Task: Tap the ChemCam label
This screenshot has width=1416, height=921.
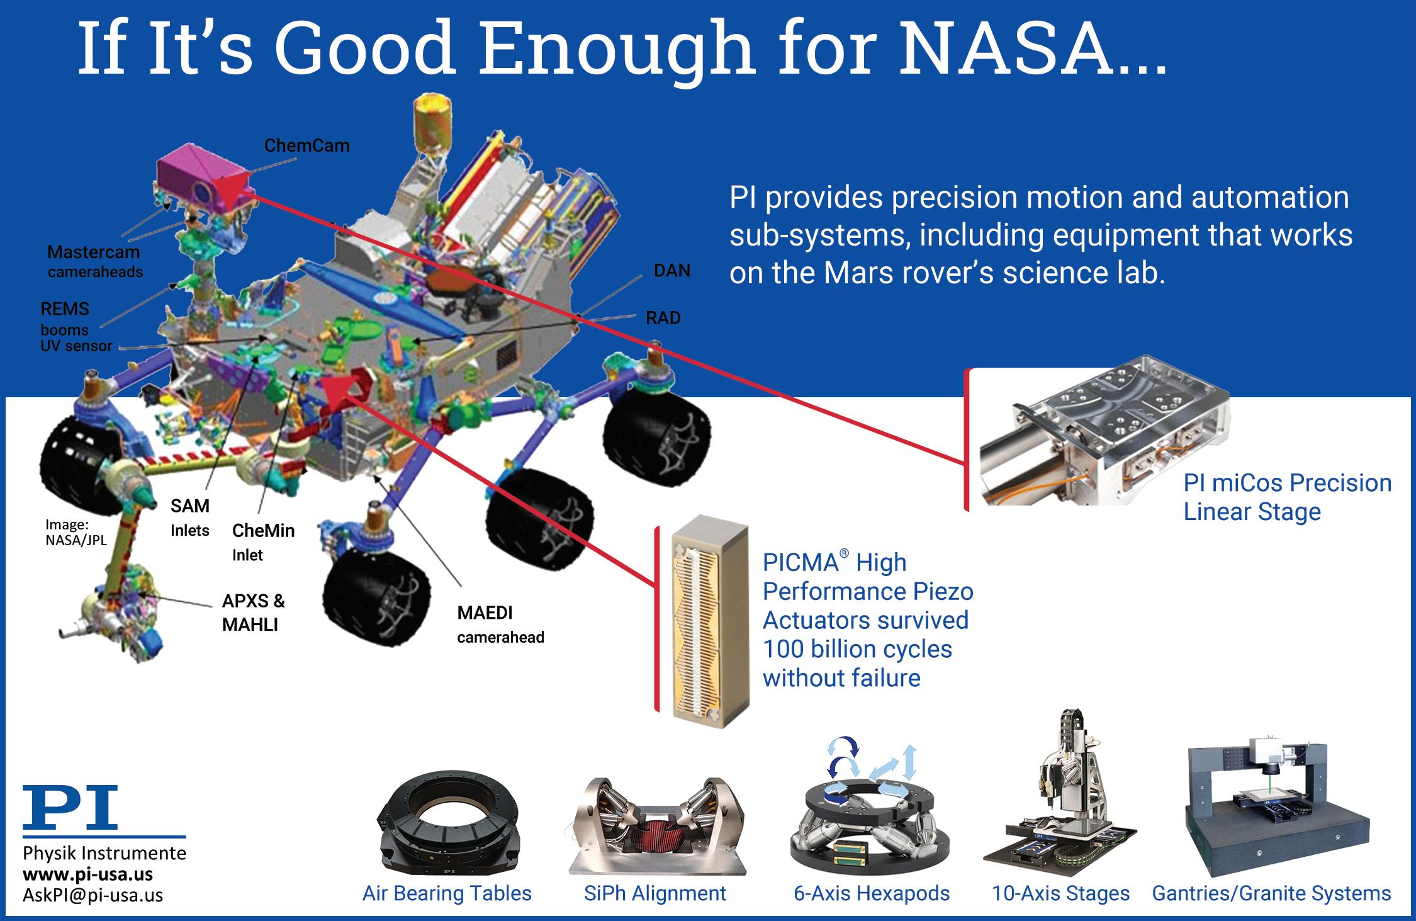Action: (306, 145)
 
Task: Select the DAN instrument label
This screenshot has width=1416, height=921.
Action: (672, 271)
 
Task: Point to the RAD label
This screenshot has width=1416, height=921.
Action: (663, 318)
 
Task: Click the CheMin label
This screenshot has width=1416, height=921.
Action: (263, 531)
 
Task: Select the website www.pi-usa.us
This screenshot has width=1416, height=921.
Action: (87, 874)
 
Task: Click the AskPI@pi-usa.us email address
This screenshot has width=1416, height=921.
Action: (93, 895)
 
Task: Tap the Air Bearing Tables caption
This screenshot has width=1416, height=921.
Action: (447, 893)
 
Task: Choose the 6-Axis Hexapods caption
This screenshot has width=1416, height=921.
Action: (872, 893)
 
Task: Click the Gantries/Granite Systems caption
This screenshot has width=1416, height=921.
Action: (1271, 893)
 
